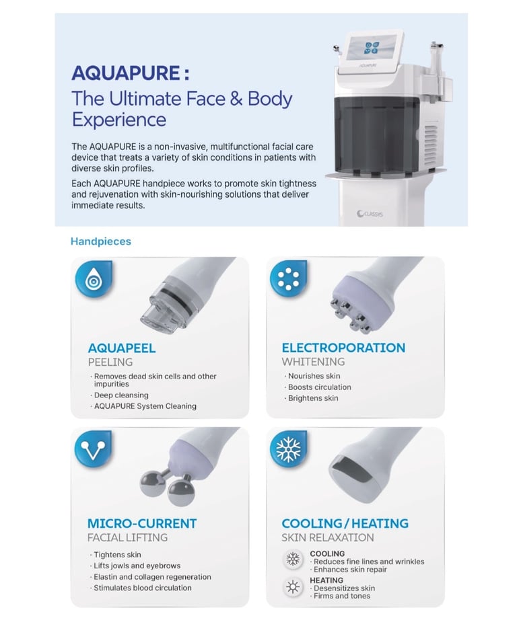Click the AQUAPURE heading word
[126, 73]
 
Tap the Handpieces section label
[100, 241]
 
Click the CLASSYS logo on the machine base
[370, 214]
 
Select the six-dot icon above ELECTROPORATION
[289, 278]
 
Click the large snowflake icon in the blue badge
[289, 449]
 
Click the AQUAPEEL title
[122, 348]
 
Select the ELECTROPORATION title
[343, 348]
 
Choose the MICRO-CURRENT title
[142, 523]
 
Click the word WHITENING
[313, 361]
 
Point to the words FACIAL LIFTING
[127, 537]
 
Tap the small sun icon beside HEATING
[293, 587]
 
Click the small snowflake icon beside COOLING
[293, 559]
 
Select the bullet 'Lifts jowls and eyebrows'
[137, 566]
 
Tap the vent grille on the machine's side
[431, 146]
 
